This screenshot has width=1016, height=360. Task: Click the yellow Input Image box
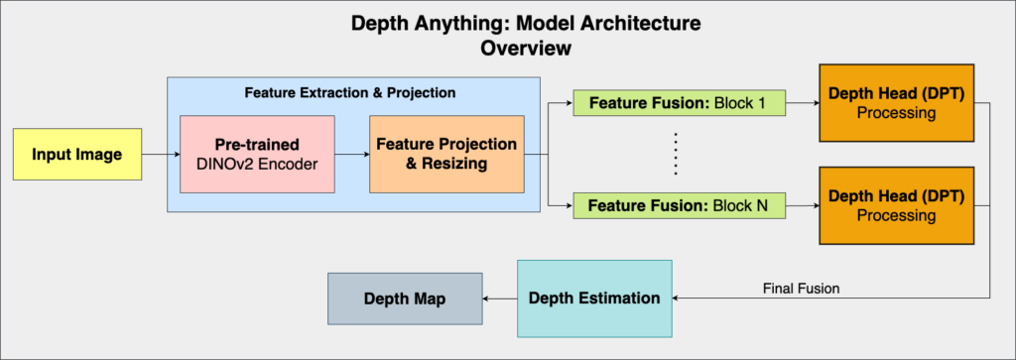click(77, 154)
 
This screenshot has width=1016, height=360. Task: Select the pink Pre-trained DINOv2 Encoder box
click(257, 154)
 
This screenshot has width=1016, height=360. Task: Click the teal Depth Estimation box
click(593, 298)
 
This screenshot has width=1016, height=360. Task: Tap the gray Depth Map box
click(404, 298)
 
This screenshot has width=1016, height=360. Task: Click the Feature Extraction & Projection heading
click(349, 92)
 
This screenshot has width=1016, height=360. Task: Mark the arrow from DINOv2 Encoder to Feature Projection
click(351, 154)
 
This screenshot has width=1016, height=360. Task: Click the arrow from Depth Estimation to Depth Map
click(499, 298)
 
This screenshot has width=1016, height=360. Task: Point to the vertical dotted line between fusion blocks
click(676, 154)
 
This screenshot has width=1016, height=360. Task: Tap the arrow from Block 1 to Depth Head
click(802, 102)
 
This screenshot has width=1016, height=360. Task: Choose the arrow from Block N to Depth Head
click(802, 206)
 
